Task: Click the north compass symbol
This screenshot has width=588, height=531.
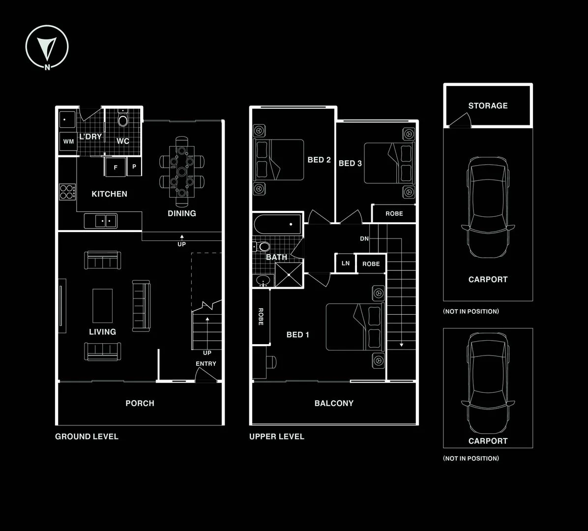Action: pyautogui.click(x=47, y=47)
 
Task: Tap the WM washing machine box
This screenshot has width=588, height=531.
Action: pyautogui.click(x=68, y=142)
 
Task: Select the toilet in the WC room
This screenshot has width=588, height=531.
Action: pyautogui.click(x=122, y=118)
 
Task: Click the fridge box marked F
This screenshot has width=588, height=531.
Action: pyautogui.click(x=115, y=167)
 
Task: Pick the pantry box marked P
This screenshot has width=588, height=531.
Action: pyautogui.click(x=134, y=167)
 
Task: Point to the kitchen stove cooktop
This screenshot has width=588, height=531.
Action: pyautogui.click(x=67, y=192)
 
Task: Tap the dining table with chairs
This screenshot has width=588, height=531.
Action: pyautogui.click(x=182, y=172)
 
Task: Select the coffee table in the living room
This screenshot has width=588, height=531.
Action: pyautogui.click(x=102, y=306)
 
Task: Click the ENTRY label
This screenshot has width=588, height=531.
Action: pyautogui.click(x=206, y=363)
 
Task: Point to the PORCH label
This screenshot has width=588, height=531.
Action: pyautogui.click(x=140, y=403)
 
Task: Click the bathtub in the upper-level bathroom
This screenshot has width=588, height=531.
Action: pyautogui.click(x=277, y=224)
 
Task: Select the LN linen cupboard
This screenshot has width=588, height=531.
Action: pyautogui.click(x=345, y=263)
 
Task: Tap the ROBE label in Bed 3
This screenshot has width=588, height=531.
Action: pyautogui.click(x=394, y=213)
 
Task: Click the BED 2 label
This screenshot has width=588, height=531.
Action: pyautogui.click(x=319, y=160)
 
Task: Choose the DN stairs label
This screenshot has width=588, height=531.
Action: pyautogui.click(x=364, y=238)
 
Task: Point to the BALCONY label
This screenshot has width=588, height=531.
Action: pyautogui.click(x=334, y=403)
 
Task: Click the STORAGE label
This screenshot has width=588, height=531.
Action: pyautogui.click(x=488, y=106)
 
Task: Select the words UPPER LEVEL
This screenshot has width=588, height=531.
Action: pyautogui.click(x=277, y=437)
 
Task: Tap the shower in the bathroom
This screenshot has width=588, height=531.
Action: pyautogui.click(x=289, y=275)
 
